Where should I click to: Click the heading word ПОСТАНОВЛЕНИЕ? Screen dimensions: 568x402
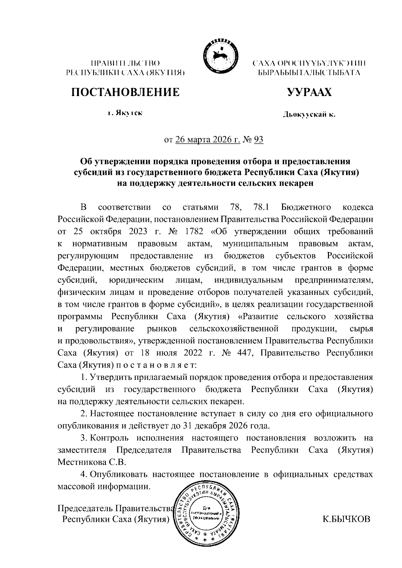click(x=125, y=92)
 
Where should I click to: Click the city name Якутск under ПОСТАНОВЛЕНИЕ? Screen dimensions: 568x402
click(x=129, y=113)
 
